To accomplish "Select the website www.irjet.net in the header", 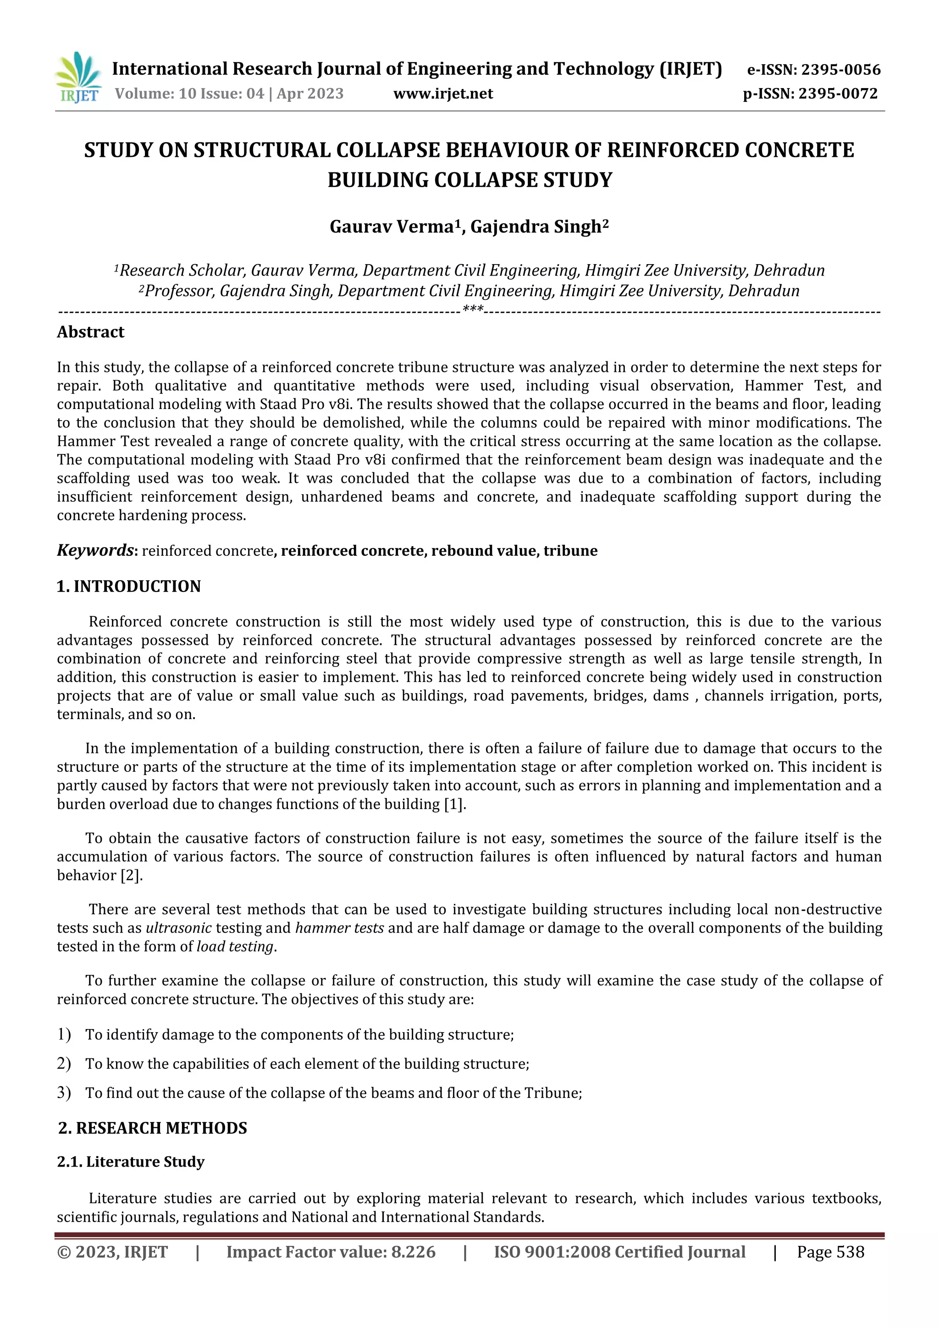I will [443, 94].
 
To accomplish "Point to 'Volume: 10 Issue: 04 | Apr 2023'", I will [229, 94].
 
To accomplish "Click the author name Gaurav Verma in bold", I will [391, 227].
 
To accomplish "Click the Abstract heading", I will [91, 332].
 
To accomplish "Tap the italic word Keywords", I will [95, 550].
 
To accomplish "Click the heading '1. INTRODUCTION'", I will [128, 587].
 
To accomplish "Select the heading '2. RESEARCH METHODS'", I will [153, 1128].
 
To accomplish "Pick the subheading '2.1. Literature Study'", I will [131, 1162].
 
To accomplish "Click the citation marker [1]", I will [454, 805].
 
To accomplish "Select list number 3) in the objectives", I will [64, 1093].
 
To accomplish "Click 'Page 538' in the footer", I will [830, 1252].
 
